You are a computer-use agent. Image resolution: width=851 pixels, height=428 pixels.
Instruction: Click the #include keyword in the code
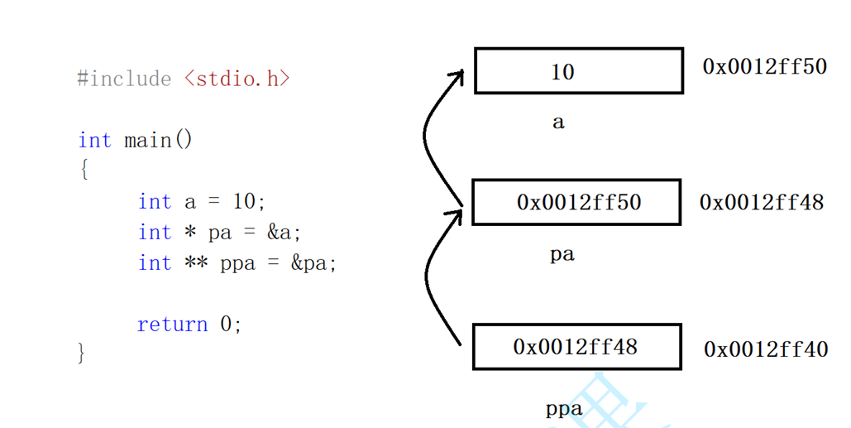point(124,79)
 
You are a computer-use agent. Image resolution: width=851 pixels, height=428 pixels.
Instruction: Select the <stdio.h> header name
point(237,79)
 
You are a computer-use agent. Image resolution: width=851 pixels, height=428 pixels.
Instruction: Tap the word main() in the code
point(158,140)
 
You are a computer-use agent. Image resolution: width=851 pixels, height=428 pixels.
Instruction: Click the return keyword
point(172,324)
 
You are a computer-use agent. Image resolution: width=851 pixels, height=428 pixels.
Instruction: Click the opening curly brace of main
point(84,171)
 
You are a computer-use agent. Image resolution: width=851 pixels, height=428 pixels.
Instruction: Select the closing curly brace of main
point(81,353)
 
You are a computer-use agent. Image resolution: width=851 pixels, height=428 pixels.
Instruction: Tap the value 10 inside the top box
point(562,72)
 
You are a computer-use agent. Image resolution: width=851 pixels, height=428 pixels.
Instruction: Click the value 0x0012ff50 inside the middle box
point(578,202)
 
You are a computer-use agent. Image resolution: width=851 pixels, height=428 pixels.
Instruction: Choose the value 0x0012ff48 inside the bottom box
point(576,346)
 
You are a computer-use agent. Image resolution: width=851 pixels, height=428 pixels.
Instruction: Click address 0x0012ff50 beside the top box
point(764,66)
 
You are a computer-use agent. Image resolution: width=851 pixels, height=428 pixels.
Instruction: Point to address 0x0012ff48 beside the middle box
point(762,202)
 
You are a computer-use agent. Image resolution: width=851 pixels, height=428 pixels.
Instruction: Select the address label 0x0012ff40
point(766,349)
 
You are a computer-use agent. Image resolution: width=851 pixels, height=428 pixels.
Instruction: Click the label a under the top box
point(558,123)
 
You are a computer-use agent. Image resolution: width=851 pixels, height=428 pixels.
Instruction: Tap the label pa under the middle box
point(562,254)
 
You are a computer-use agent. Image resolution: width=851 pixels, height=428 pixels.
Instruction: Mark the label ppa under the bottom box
point(563,408)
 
